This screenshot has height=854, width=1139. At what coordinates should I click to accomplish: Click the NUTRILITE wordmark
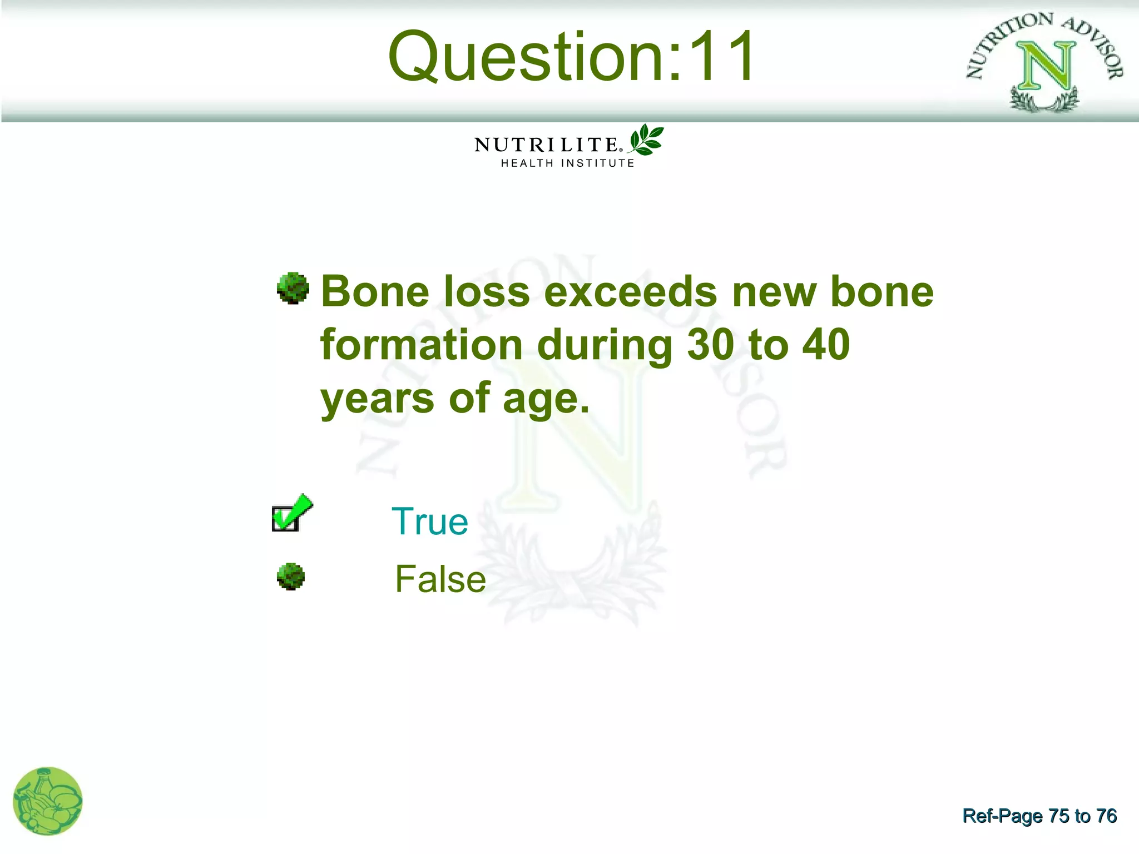(546, 145)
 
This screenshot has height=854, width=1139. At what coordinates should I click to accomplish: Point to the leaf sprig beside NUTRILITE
(646, 140)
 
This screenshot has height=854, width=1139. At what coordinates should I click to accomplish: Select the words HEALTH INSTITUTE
(567, 163)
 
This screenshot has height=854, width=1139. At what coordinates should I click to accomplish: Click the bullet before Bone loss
(293, 288)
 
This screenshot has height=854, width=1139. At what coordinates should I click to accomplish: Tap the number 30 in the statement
(710, 345)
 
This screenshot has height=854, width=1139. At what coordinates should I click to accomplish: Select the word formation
(421, 345)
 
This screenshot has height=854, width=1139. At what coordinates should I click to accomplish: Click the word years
(377, 399)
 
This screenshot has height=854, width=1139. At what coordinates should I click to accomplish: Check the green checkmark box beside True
(290, 514)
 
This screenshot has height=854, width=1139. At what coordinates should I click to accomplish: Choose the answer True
(430, 522)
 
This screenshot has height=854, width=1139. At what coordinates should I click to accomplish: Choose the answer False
(440, 579)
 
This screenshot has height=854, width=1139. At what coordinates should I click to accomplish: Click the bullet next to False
(291, 577)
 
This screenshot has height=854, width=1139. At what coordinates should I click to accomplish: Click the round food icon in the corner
(48, 801)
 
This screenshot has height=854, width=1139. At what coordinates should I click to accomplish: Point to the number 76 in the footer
(1106, 816)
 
